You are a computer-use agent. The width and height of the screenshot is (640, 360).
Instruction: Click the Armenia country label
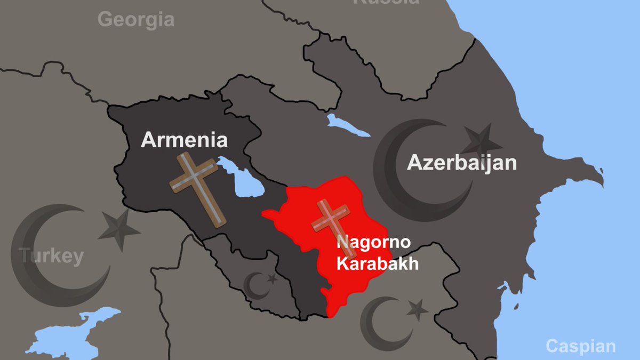[x=184, y=140]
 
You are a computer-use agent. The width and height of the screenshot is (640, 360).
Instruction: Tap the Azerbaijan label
[x=462, y=162]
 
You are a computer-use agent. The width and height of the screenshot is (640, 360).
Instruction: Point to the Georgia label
[x=136, y=20]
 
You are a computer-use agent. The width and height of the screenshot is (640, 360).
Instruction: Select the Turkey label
[x=52, y=256]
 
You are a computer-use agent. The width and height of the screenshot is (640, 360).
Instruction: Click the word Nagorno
[x=373, y=242]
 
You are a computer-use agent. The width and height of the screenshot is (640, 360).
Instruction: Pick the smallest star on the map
[x=272, y=278]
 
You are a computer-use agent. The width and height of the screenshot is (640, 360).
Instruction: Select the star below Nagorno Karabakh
[x=417, y=309]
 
